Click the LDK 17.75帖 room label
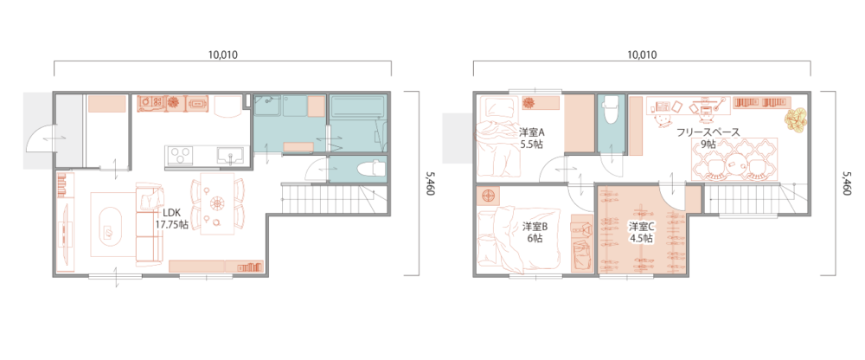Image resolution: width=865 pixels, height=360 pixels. (x=171, y=219)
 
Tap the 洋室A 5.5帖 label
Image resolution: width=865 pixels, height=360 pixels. (x=532, y=138)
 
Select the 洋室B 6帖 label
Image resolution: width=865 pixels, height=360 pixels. (x=535, y=232)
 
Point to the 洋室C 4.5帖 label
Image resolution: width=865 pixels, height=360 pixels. (x=642, y=232)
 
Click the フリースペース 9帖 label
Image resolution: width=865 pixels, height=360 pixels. (x=708, y=138)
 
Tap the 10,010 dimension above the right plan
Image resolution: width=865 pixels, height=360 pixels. (x=642, y=55)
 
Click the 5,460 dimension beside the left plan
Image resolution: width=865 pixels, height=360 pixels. (x=430, y=183)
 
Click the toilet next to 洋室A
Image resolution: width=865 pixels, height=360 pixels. (x=612, y=109)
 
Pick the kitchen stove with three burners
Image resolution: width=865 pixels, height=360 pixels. (x=179, y=155)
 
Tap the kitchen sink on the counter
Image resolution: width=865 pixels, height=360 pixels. (x=228, y=155)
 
